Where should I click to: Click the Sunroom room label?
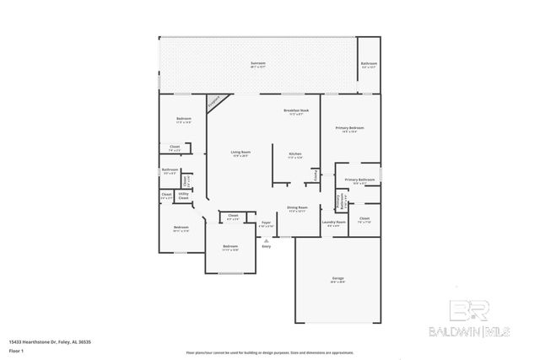pos(258,63)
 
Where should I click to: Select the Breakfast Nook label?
pos(294,111)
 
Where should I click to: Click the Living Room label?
pos(240,153)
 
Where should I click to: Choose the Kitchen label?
pos(294,154)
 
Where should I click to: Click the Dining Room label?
pos(297,207)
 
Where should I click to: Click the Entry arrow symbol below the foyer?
pos(266,241)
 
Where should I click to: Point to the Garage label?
pos(337,278)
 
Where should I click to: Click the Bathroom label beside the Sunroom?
pos(369,64)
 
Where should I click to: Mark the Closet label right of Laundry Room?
pos(364,219)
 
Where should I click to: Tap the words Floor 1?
pos(16,350)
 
